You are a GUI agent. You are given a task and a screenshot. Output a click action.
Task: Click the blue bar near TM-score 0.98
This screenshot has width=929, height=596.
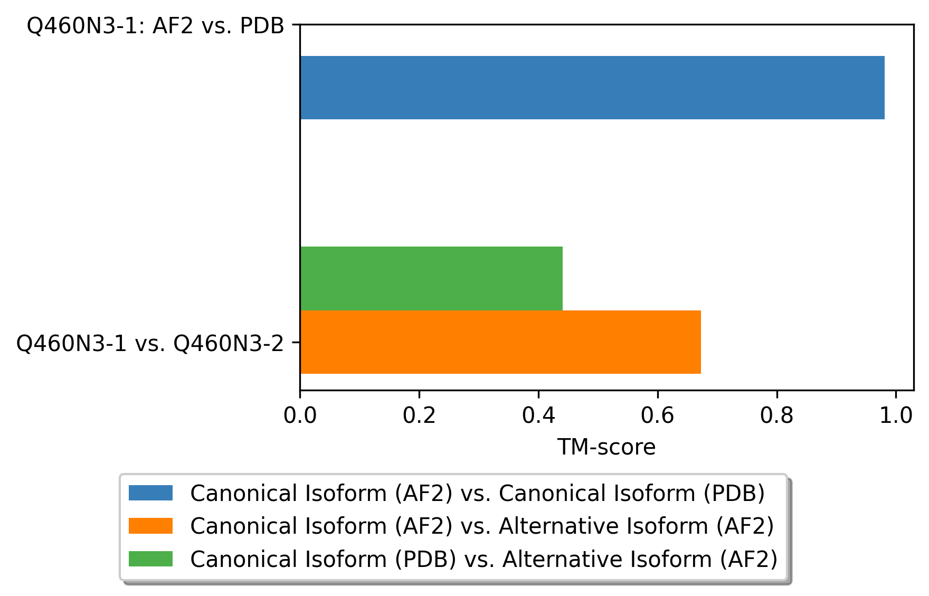[x=592, y=88]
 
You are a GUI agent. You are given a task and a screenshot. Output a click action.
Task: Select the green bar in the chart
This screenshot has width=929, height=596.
[x=431, y=278]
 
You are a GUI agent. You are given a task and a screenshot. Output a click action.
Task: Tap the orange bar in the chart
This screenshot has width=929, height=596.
[x=500, y=342]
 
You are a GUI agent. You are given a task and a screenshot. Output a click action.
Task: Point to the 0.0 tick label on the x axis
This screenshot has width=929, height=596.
[x=300, y=416]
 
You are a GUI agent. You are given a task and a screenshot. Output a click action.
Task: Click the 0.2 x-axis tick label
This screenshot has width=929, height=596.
[x=419, y=416]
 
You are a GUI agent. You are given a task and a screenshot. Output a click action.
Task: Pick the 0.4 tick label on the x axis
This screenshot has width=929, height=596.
[x=538, y=416]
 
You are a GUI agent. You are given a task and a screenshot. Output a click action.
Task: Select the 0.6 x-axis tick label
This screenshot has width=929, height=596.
[x=657, y=416]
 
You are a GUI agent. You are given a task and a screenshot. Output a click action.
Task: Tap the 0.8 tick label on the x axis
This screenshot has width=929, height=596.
[x=776, y=416]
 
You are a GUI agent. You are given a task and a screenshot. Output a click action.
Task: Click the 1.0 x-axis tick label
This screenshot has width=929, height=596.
[x=896, y=416]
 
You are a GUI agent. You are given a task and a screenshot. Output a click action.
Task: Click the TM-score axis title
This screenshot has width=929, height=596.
[x=606, y=448]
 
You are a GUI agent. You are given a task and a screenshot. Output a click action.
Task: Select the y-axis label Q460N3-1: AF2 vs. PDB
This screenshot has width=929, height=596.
[x=156, y=26]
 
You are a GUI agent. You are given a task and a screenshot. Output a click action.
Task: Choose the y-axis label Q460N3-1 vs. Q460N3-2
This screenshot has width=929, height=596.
[x=150, y=344]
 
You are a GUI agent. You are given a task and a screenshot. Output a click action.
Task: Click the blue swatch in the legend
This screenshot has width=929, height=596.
[x=150, y=493]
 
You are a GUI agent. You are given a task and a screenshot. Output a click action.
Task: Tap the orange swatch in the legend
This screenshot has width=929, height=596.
[x=150, y=526]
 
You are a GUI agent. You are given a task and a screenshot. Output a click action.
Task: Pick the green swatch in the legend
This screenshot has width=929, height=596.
[x=150, y=559]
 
